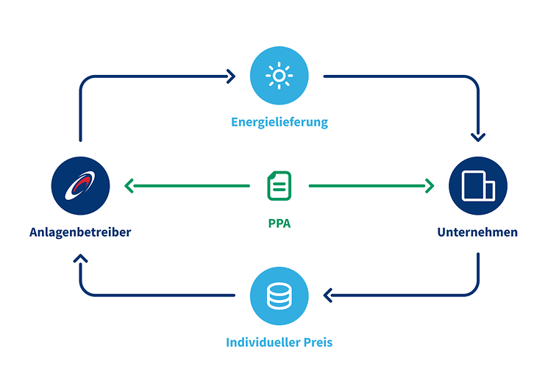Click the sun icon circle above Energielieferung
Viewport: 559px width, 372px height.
(279, 76)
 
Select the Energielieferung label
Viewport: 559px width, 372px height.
(279, 122)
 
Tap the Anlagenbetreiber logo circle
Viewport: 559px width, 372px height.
(81, 185)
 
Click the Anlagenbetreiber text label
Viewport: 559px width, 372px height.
(81, 232)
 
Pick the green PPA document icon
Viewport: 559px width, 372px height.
(279, 185)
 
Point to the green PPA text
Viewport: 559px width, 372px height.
(279, 223)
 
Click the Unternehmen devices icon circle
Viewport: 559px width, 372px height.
(478, 185)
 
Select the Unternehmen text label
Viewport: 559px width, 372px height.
(477, 232)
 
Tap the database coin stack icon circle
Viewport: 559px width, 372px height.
(279, 296)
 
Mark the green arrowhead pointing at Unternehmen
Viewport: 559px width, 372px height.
(430, 186)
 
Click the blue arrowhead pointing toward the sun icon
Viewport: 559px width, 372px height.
(232, 76)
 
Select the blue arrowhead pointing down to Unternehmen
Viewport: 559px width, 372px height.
(478, 137)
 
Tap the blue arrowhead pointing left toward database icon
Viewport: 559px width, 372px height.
(327, 296)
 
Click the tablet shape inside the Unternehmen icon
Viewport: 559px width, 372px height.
(474, 185)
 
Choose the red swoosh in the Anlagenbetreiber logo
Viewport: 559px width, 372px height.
(83, 182)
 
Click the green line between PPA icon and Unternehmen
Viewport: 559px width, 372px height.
(368, 186)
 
